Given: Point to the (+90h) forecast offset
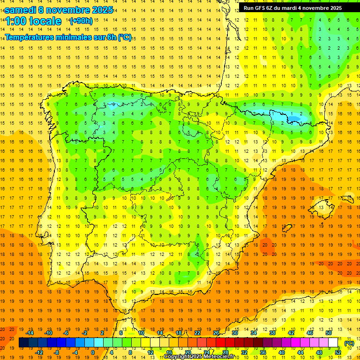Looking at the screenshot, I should pos(81,21).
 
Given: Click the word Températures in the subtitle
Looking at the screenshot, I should pos(29,37).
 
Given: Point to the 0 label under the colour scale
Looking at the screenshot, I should pos(93,352).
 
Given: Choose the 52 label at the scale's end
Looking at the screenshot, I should pos(338,352).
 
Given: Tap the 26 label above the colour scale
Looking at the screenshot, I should pos(216,333).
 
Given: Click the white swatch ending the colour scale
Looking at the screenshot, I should pos(333,343).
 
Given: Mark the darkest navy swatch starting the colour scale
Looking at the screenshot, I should pos(23,343).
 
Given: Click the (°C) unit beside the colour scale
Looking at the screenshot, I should pos(349,343).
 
